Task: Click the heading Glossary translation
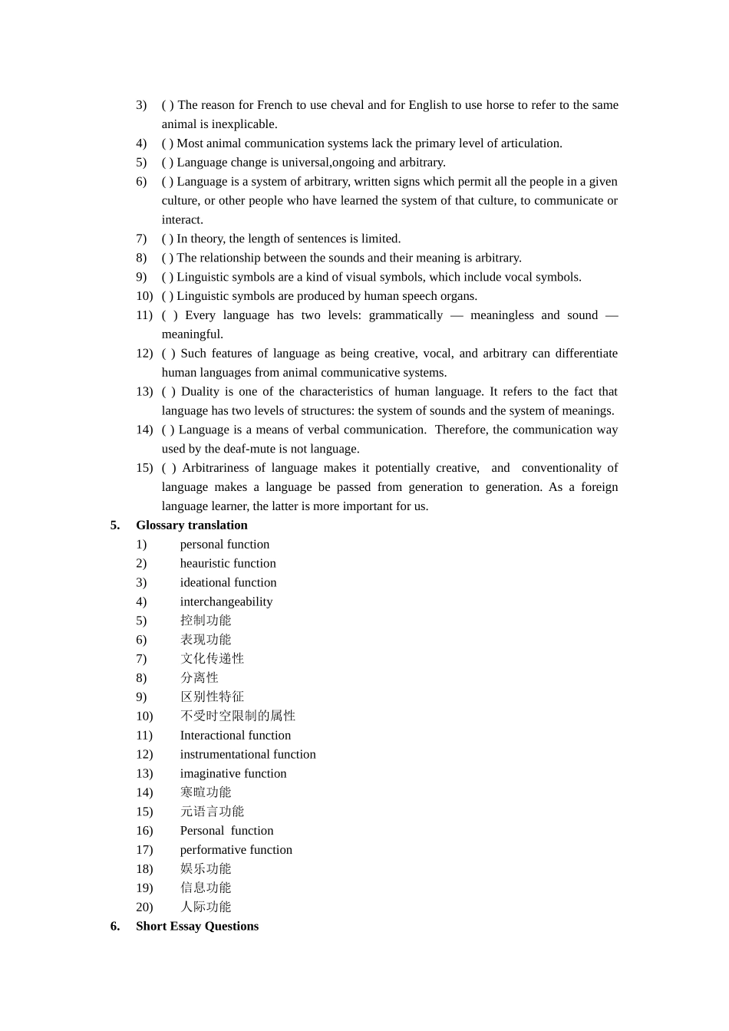point(191,525)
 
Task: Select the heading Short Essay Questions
point(196,926)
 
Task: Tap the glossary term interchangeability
point(226,601)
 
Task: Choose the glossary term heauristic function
point(228,563)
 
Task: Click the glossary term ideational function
point(228,582)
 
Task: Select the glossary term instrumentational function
point(248,754)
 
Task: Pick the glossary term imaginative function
point(233,773)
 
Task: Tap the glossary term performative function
point(236,850)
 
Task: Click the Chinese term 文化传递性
point(212,659)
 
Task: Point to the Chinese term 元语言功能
point(212,812)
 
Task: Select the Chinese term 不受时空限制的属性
point(238,716)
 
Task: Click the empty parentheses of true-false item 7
point(167,239)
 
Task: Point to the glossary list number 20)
point(144,907)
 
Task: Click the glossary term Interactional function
point(235,735)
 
